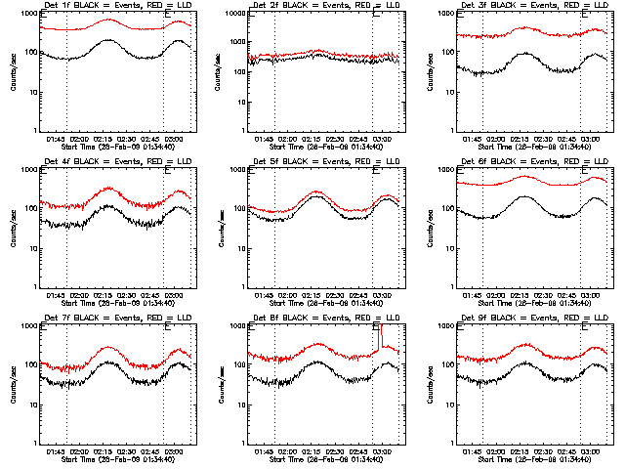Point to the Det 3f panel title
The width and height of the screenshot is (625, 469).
[531, 7]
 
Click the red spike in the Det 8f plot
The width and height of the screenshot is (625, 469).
[381, 337]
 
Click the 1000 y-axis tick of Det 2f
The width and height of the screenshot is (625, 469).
[233, 14]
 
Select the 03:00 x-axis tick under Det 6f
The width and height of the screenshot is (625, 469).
[591, 294]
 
